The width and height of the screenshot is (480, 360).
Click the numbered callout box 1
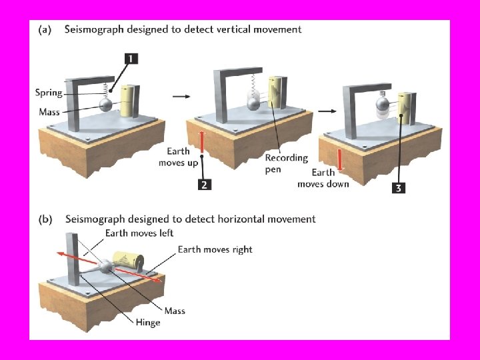pos(131,59)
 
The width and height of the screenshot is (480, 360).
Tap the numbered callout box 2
pos(205,184)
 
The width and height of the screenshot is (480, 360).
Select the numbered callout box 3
pos(398,188)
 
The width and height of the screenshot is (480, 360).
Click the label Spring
pos(49,93)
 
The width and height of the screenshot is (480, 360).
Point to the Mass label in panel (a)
pos(49,111)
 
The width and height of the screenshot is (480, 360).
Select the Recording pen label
pos(286,163)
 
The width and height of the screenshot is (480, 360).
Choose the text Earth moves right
pos(215,249)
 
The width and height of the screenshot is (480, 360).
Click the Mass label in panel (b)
pos(175,311)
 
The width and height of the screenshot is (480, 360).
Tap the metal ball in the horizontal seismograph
pos(107,268)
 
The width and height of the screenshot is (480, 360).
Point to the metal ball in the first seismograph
pos(107,105)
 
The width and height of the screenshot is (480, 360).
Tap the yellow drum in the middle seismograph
pos(275,96)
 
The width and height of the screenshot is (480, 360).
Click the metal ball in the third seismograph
pos(381,103)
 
